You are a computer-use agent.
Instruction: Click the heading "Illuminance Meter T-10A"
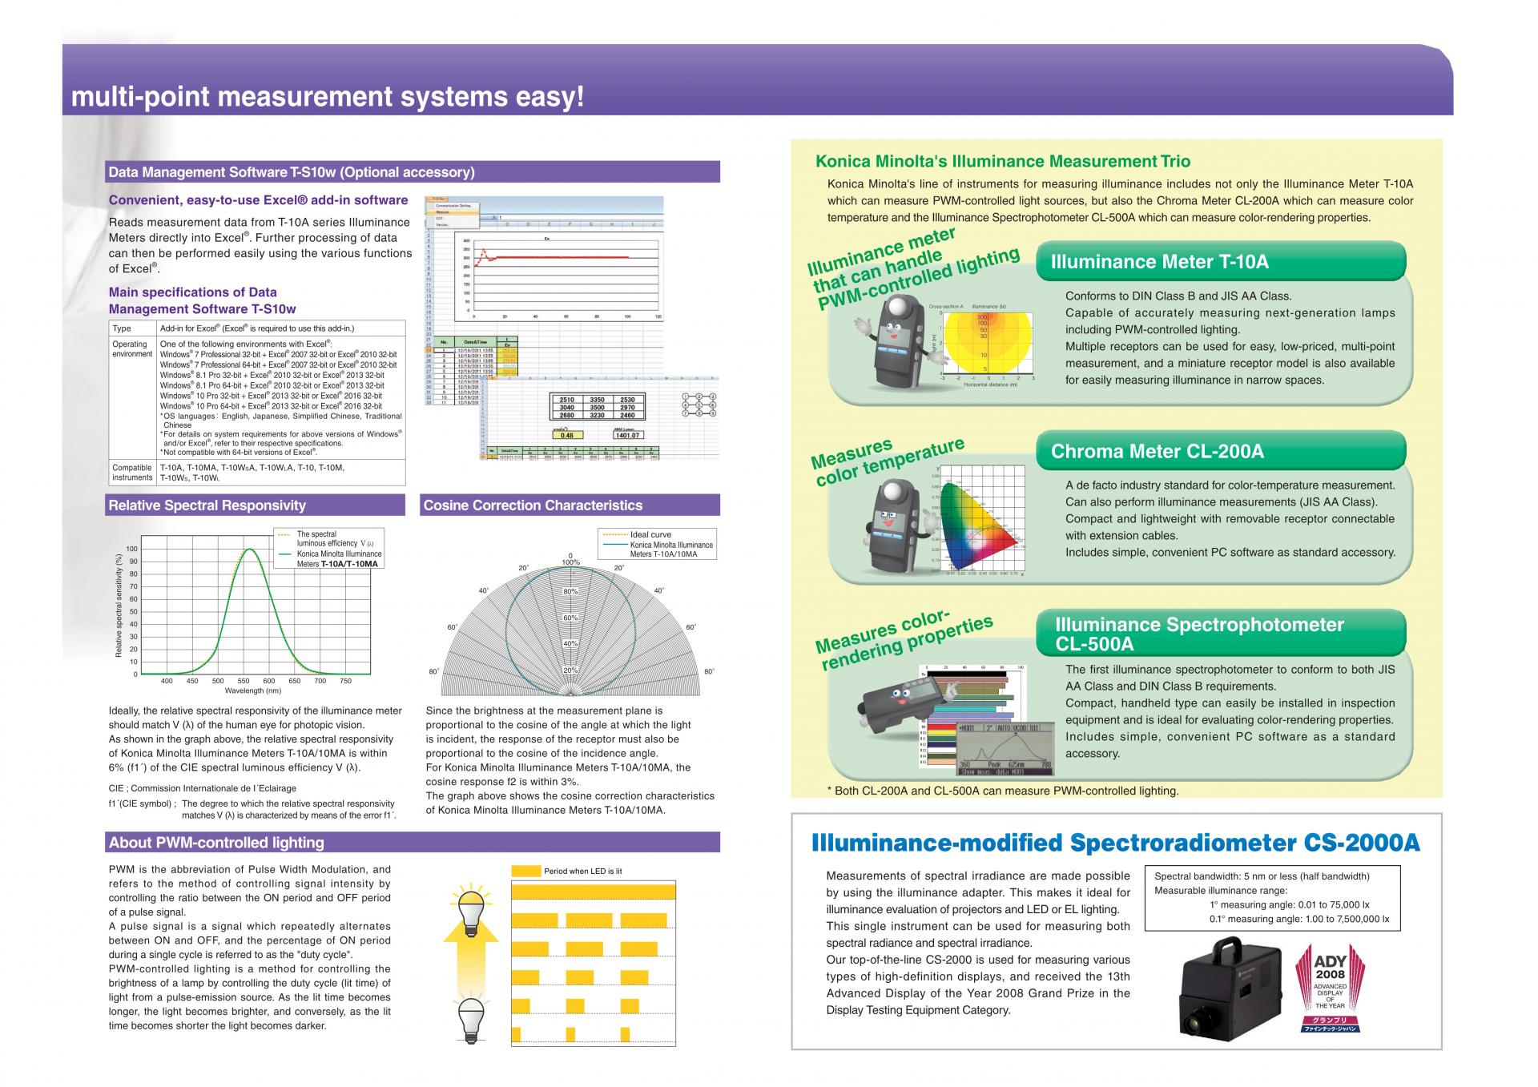pos(1159,262)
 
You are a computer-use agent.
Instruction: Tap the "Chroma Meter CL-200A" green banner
pos(1157,452)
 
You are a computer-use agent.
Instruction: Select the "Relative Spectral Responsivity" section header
pos(207,505)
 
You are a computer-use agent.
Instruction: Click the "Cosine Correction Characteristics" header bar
pos(533,505)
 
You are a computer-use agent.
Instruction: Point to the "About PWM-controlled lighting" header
pos(216,843)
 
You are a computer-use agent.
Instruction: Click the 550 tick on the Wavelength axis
pos(244,682)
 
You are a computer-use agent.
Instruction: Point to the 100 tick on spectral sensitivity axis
pos(132,550)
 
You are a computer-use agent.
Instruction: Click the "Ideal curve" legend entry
pos(650,535)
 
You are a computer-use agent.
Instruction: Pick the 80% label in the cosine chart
pos(570,591)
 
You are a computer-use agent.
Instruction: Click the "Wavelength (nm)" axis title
pos(253,690)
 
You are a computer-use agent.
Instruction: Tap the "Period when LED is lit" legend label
pos(582,871)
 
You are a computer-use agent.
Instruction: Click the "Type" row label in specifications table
pos(122,328)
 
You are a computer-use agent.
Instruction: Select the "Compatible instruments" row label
pos(132,473)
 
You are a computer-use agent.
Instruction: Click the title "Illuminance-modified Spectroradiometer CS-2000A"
pos(1115,843)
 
